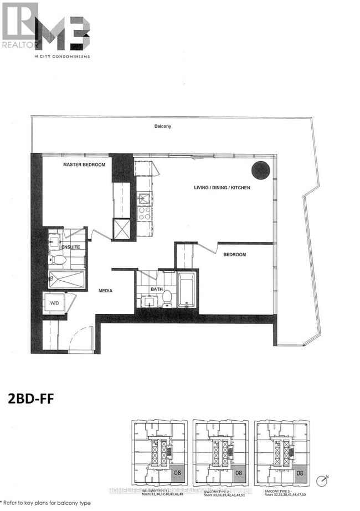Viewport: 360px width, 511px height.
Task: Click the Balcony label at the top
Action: [x=163, y=126]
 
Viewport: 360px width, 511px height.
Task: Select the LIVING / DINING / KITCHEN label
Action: [x=222, y=188]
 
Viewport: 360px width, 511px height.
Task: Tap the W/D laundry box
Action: [x=55, y=303]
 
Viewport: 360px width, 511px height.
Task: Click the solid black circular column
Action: [x=260, y=170]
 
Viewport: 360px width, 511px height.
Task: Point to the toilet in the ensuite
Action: [x=59, y=259]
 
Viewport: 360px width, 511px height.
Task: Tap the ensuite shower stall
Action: [x=66, y=280]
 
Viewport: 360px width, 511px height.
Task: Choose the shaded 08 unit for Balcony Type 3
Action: [x=300, y=473]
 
